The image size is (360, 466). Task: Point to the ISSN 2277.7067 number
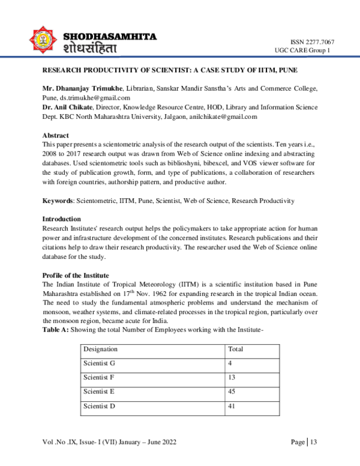pos(312,41)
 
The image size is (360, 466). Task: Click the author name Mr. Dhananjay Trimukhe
pos(83,88)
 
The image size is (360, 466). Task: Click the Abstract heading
pos(55,135)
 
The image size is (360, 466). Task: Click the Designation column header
pos(100,349)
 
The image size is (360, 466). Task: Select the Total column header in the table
pos(236,349)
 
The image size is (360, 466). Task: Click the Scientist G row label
pos(100,363)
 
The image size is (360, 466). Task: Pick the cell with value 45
pos(232,392)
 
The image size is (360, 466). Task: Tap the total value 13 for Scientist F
pos(232,378)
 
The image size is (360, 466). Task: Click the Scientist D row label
pos(100,407)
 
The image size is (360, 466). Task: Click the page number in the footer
pos(313,443)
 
